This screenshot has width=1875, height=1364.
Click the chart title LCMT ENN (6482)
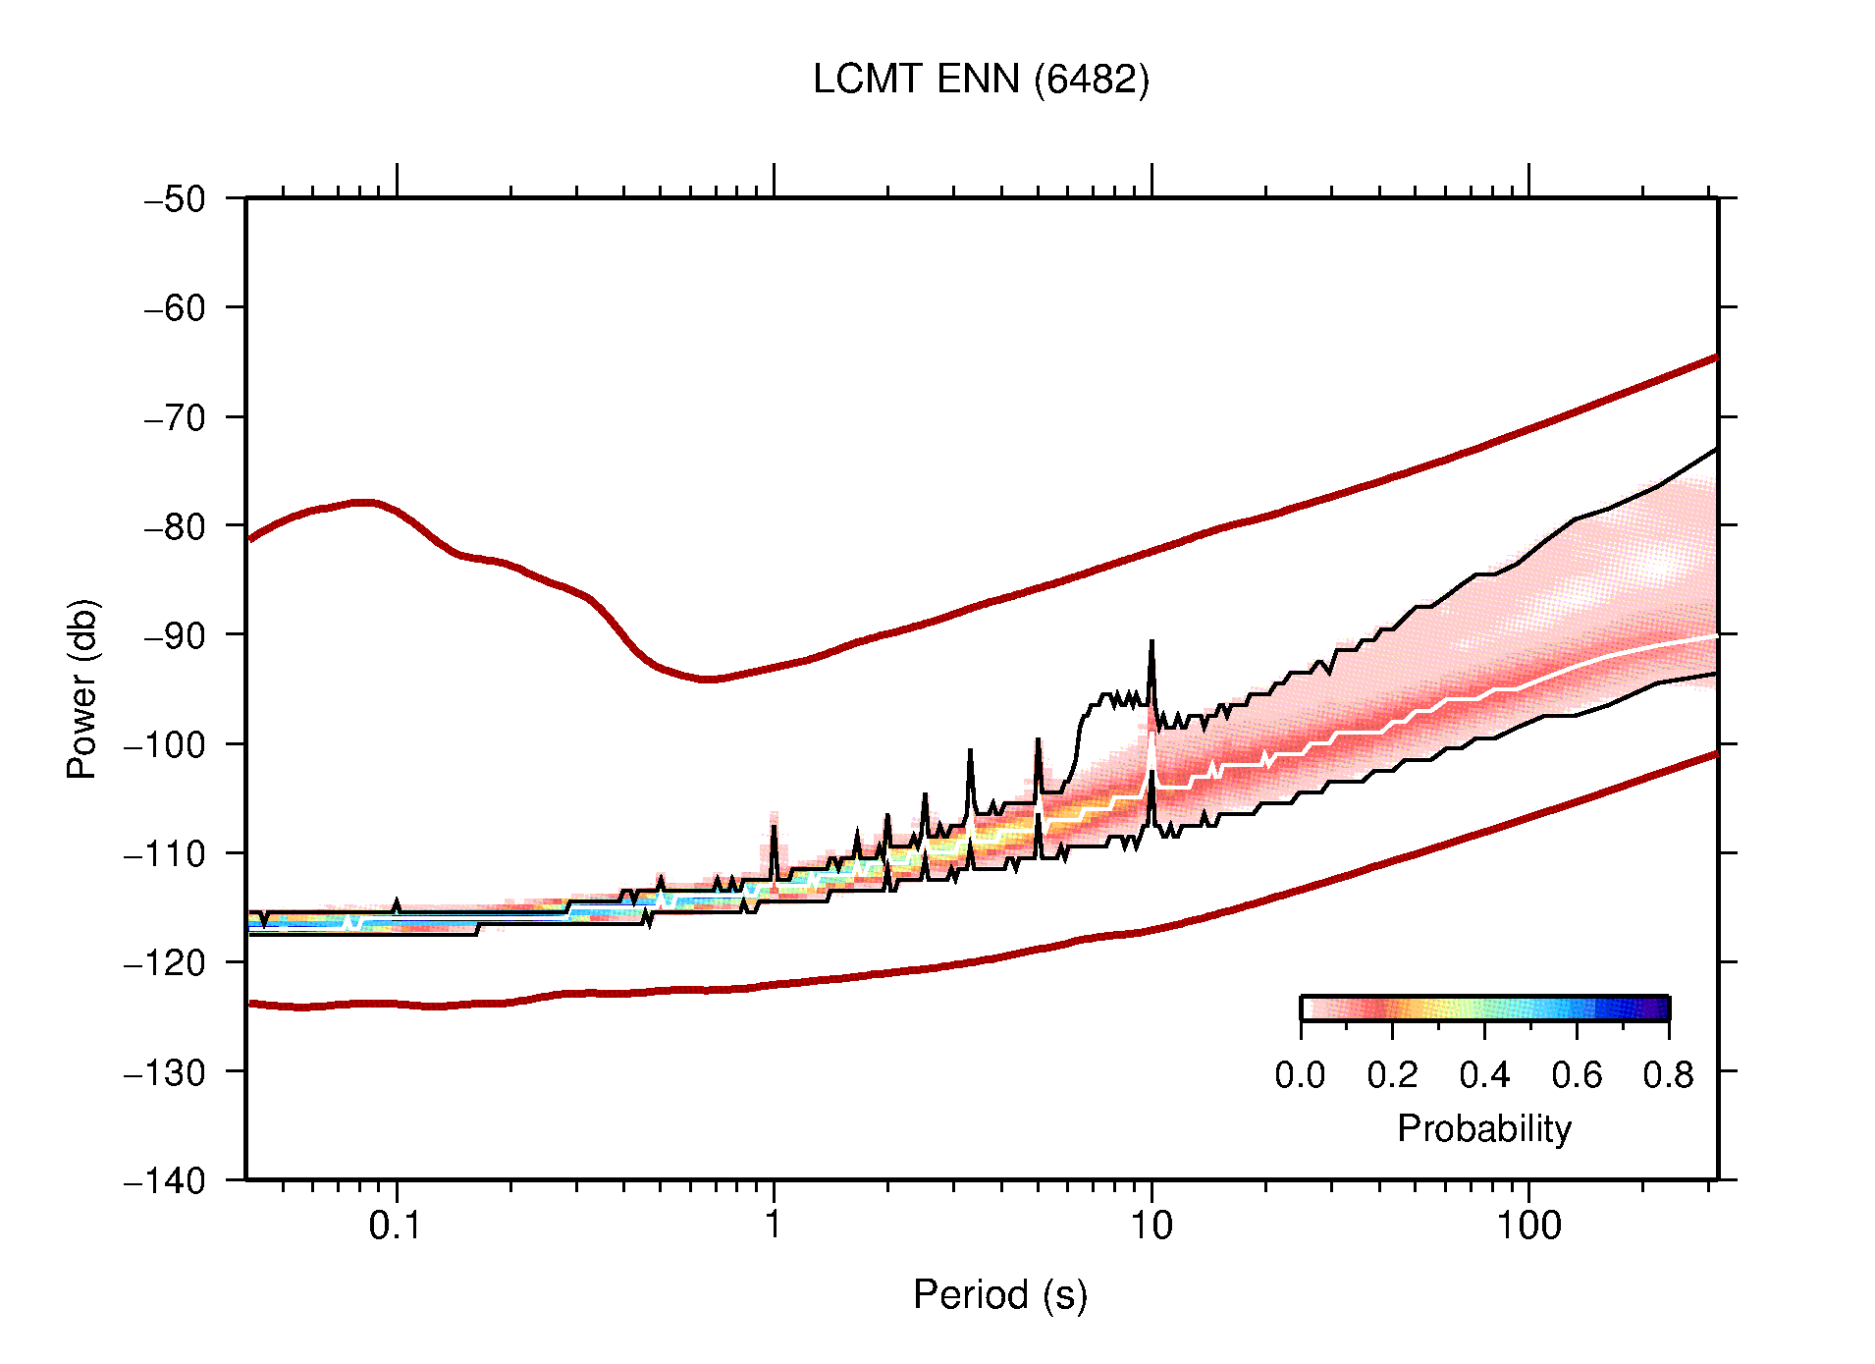[981, 80]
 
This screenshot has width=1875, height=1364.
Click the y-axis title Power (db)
[82, 688]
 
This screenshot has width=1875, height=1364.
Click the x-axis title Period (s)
[999, 1295]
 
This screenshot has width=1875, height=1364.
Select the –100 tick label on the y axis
[165, 744]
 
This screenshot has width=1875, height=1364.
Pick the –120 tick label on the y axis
[165, 962]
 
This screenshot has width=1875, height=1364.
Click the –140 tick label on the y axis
[165, 1180]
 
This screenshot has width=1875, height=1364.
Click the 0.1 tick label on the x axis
[396, 1226]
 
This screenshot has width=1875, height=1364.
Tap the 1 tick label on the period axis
[774, 1226]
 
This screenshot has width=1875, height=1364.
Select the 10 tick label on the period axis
[1151, 1226]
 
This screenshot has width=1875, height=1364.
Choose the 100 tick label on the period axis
[1528, 1226]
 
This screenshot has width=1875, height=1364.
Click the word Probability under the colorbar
[1483, 1129]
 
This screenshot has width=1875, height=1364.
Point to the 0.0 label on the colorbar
[1300, 1076]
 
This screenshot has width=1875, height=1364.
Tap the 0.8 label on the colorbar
[1668, 1076]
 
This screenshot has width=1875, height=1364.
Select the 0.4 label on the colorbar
[1484, 1076]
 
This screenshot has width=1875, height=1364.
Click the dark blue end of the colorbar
[1659, 1009]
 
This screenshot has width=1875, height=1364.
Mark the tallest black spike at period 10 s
[1152, 643]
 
